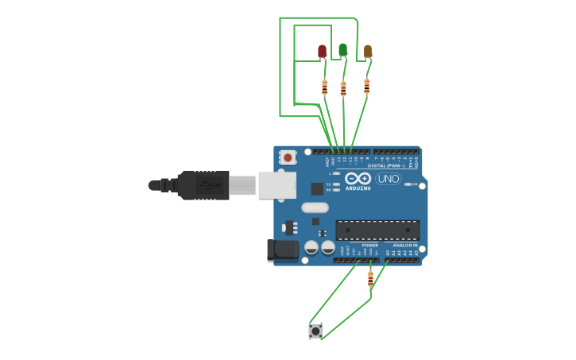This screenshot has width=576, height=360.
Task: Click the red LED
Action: tap(322, 52)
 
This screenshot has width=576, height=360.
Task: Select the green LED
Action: tap(342, 50)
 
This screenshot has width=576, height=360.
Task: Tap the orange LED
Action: tap(367, 52)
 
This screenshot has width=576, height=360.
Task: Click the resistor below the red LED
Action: tap(324, 87)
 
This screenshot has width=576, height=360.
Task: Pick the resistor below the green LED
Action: tap(343, 88)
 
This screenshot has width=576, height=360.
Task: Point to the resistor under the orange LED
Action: tap(366, 86)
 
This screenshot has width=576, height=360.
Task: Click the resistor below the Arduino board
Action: tap(370, 278)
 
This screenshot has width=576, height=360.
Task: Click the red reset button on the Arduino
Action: tap(288, 157)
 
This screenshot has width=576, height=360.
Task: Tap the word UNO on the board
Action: tap(388, 179)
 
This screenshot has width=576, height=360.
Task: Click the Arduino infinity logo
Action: tap(358, 178)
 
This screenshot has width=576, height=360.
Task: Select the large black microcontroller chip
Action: tap(377, 230)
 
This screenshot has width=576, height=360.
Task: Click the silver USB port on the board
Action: tap(276, 185)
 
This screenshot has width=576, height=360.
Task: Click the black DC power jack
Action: tap(283, 251)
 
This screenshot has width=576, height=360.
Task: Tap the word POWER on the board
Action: tap(370, 246)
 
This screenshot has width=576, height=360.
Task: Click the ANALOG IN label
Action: tap(404, 246)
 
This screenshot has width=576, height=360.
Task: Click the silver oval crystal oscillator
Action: tap(315, 207)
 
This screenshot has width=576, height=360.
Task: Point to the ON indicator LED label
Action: tap(408, 184)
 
